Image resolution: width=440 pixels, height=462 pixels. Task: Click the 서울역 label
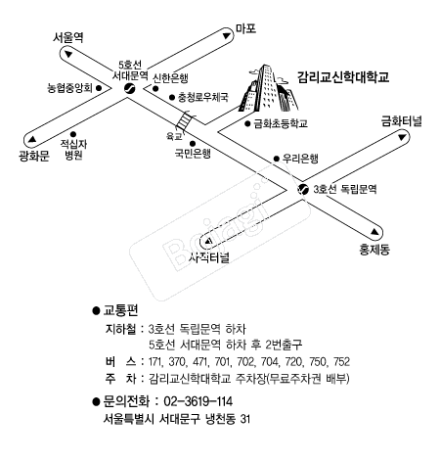(x=68, y=37)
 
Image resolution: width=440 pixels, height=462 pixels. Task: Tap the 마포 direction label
(x=245, y=28)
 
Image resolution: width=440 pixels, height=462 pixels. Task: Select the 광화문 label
(x=34, y=157)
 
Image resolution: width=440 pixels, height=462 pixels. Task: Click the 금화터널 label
(x=402, y=121)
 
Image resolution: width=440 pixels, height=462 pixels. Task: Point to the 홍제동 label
(x=374, y=250)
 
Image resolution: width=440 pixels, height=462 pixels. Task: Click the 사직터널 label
(x=209, y=257)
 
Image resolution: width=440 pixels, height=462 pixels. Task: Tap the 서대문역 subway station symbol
(x=130, y=88)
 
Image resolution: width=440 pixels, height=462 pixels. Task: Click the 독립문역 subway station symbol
(x=303, y=189)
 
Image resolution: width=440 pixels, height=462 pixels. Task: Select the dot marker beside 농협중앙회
(x=99, y=88)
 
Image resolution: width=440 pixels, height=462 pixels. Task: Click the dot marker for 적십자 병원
(x=73, y=134)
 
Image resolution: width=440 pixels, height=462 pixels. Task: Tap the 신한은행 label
(x=171, y=77)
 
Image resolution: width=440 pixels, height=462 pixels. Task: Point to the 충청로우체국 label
(x=203, y=97)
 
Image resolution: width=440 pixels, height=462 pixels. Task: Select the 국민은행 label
(x=193, y=154)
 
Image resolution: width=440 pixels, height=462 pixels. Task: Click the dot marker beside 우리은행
(x=277, y=159)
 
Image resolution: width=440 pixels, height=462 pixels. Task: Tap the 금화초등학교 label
(x=281, y=123)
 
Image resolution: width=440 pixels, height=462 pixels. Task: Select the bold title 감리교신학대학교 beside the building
(x=343, y=77)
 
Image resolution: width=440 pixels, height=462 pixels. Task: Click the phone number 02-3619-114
(x=198, y=401)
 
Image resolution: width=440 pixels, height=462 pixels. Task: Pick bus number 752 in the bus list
(x=341, y=361)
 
